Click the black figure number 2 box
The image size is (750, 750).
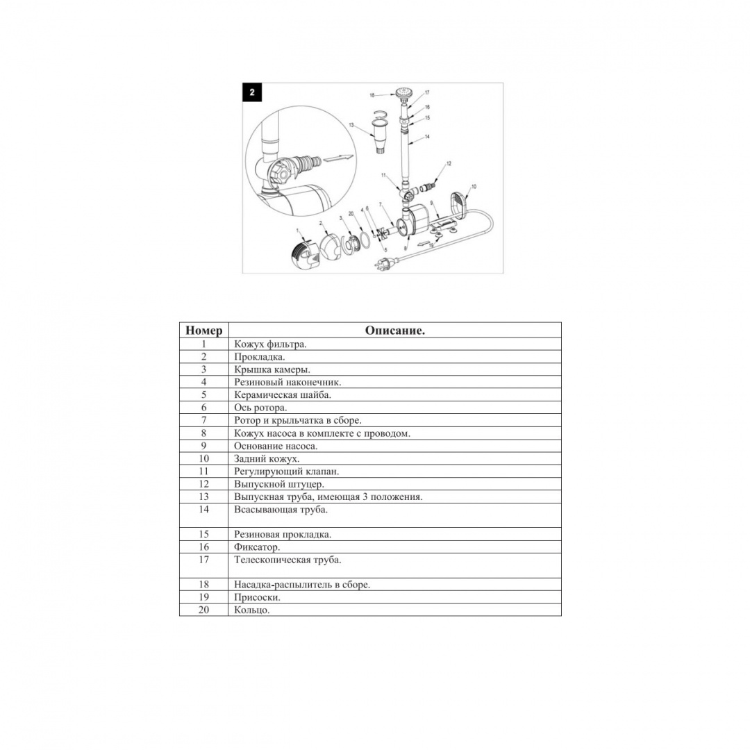[252, 92]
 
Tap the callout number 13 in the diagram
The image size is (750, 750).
[352, 125]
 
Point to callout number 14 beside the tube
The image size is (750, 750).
[427, 137]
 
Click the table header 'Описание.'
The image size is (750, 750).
[394, 331]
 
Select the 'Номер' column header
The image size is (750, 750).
[204, 331]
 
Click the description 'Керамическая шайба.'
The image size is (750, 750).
[283, 395]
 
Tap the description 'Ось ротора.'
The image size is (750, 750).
[260, 408]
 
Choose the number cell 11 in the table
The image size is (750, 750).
[204, 472]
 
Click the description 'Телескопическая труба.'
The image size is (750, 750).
[287, 560]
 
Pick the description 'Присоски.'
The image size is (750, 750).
[257, 597]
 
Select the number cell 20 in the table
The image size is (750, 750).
[204, 610]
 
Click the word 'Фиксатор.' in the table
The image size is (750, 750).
[257, 547]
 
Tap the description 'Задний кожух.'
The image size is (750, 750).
[267, 458]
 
